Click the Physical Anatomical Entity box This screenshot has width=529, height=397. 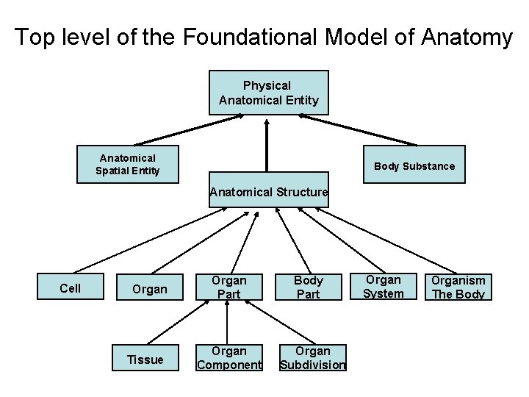pos(268,93)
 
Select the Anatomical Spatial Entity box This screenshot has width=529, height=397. pos(128,165)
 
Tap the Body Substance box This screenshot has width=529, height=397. pos(414,166)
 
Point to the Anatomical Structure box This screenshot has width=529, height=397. pos(268,193)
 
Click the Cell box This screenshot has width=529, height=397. pos(71,288)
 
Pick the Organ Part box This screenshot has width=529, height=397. pos(228,287)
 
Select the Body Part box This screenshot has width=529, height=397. pos(308,287)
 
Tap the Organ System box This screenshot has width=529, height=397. pos(384,287)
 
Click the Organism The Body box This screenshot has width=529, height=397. pos(458,287)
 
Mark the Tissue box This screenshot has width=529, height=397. pos(145,359)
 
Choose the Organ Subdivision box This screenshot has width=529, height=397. pos(314,358)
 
